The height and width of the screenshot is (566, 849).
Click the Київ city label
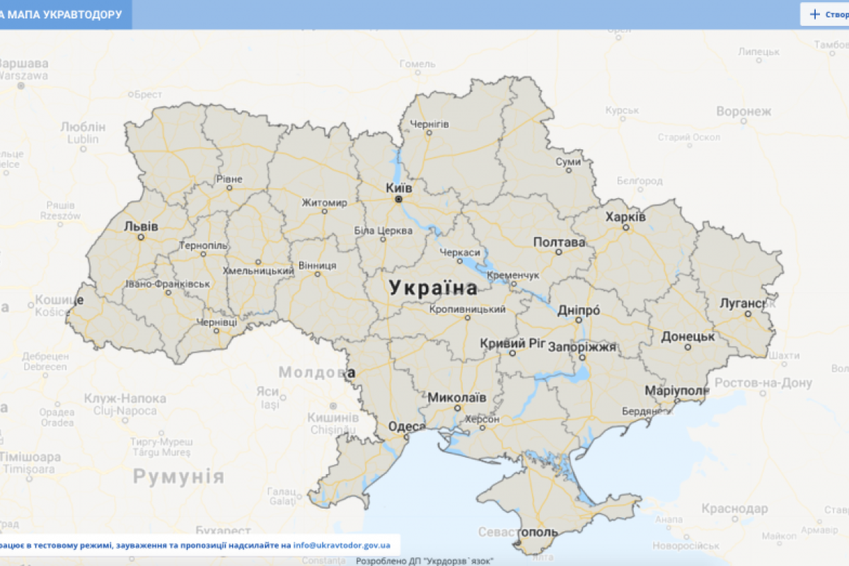coord(399,188)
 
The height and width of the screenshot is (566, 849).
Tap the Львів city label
coord(141,227)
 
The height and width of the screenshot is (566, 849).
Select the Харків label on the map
coord(625,217)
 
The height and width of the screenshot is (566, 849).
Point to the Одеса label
coord(407,427)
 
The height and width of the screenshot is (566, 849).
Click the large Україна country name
coord(433,288)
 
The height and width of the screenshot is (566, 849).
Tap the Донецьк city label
coord(688,337)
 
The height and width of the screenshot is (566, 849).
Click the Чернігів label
coord(429,125)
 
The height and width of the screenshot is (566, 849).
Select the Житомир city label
coord(325,203)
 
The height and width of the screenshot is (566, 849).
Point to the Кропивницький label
coord(467,310)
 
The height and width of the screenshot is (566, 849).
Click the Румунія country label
coord(179,476)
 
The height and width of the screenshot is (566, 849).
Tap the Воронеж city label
coord(744,112)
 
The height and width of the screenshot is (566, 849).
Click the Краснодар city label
coord(734,509)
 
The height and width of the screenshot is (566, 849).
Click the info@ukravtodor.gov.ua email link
coord(342,545)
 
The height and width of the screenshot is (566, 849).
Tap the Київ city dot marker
coord(398,200)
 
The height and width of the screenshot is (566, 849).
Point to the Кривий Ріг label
coord(513,343)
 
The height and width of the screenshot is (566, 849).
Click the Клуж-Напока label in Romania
coord(125,399)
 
